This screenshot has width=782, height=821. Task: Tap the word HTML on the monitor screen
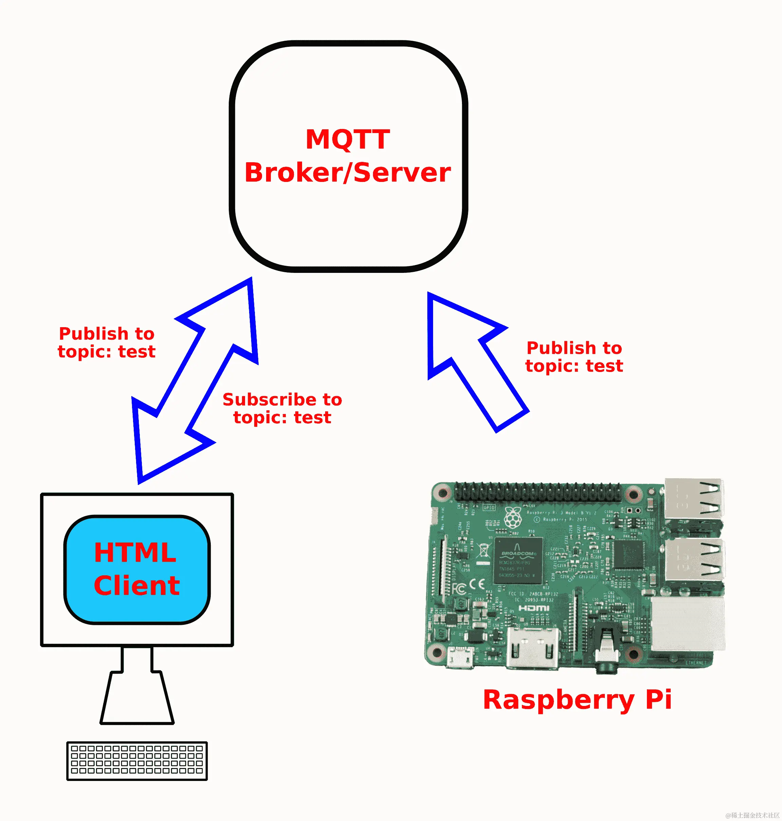[135, 553]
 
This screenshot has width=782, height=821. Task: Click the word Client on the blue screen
[137, 585]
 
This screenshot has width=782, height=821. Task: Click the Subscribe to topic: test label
[282, 408]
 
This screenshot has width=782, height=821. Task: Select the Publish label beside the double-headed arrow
[107, 342]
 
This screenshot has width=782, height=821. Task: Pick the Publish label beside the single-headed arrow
[574, 357]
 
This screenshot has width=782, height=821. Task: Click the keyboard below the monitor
[137, 761]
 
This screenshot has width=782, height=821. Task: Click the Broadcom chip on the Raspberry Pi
[518, 560]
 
